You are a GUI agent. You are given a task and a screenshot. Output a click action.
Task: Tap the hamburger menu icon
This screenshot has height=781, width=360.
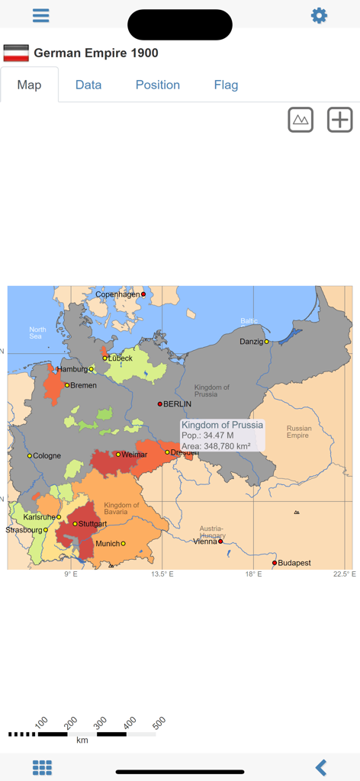[x=41, y=16]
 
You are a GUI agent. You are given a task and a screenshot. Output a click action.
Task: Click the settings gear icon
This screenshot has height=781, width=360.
[x=319, y=16]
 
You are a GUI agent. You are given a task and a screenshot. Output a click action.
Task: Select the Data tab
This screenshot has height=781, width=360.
[x=88, y=85]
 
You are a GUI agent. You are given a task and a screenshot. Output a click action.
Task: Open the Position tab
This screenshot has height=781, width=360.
[x=158, y=85]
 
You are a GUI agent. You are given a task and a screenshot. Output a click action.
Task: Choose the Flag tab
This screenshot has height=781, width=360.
[x=226, y=85]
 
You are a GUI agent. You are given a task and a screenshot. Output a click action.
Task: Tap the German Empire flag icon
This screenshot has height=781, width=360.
[x=16, y=53]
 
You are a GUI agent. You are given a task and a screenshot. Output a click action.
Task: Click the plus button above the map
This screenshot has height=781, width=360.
[x=339, y=120]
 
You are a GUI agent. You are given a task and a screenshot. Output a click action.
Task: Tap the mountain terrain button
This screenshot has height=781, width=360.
[x=301, y=120]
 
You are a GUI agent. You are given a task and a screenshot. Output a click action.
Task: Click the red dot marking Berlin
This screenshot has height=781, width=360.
[x=160, y=404]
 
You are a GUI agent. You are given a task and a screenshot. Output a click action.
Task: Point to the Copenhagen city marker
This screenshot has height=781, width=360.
[x=143, y=294]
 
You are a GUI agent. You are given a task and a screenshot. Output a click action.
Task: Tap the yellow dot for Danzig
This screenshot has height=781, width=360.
[x=266, y=342]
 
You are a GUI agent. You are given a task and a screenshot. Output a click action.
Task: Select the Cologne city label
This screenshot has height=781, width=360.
[x=47, y=456]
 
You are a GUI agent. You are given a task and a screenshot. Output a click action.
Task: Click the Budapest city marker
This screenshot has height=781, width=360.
[x=275, y=563]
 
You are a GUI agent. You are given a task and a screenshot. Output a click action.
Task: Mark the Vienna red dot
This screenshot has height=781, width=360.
[x=220, y=542]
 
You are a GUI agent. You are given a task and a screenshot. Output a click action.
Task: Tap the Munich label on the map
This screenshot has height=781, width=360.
[x=107, y=544]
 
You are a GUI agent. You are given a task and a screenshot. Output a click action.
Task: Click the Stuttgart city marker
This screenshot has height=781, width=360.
[x=75, y=524]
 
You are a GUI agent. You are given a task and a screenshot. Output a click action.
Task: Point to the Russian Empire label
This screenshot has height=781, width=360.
[x=298, y=432]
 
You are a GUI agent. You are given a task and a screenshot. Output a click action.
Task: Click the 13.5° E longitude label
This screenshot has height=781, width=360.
[x=162, y=574]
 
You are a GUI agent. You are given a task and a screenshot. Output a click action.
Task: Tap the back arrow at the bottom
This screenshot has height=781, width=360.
[x=321, y=767]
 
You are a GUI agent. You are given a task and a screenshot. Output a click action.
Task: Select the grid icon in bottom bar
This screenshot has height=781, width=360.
[x=42, y=767]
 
